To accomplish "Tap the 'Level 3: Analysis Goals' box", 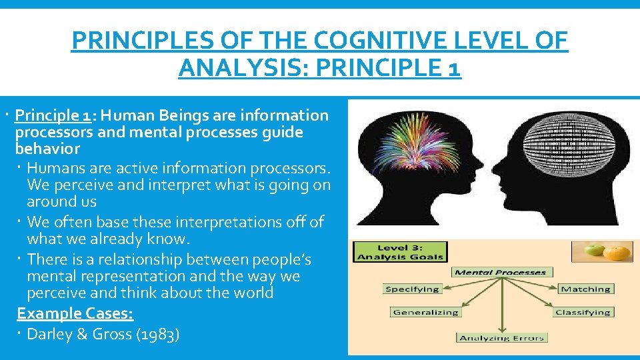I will tap(400, 251).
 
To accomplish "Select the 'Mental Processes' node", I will tap(500, 272).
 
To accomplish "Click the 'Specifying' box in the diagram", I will tap(413, 289).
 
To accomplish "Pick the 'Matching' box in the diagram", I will tap(585, 289).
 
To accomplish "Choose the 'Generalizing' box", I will tap(425, 312).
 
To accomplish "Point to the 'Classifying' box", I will tap(583, 312).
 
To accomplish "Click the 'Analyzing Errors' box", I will tap(502, 338).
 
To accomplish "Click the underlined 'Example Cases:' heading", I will tap(75, 313).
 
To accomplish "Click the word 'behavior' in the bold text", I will tap(47, 149).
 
